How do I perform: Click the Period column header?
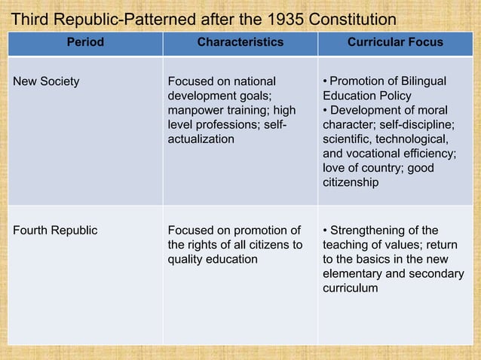pyautogui.click(x=85, y=43)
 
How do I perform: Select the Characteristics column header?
pyautogui.click(x=240, y=43)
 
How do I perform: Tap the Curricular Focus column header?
pyautogui.click(x=394, y=43)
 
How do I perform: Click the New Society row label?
pyautogui.click(x=46, y=81)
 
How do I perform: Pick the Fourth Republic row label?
pyautogui.click(x=55, y=230)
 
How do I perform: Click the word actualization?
pyautogui.click(x=201, y=139)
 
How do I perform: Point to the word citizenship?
pyautogui.click(x=351, y=182)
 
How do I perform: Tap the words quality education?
pyautogui.click(x=212, y=259)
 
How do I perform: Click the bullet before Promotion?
pyautogui.click(x=325, y=81)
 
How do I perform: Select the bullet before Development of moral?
pyautogui.click(x=325, y=110)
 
